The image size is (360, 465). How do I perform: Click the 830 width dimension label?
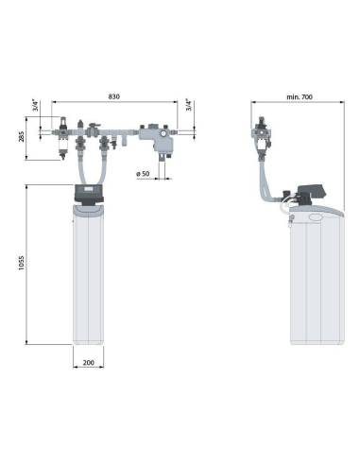pos(114,96)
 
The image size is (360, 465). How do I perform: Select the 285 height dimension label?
pos(22,137)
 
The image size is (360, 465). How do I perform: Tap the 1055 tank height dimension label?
pos(21,263)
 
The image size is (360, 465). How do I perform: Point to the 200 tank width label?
pos(88,362)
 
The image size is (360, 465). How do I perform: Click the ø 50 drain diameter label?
pos(143,174)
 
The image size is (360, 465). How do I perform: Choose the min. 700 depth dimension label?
pos(300,96)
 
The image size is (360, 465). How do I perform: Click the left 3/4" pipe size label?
pos(36,105)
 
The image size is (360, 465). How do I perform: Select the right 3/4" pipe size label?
pos(189,105)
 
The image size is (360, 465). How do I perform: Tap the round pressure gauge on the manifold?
pos(163,133)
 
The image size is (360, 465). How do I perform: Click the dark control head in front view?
pos(89,195)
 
